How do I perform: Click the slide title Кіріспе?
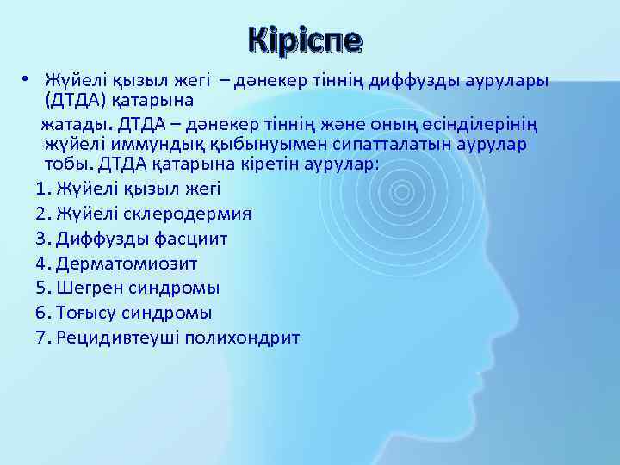(x=305, y=39)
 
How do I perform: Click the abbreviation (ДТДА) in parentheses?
(x=77, y=101)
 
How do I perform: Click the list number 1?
(x=43, y=189)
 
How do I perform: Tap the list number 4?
(x=43, y=263)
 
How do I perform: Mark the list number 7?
(x=43, y=337)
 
